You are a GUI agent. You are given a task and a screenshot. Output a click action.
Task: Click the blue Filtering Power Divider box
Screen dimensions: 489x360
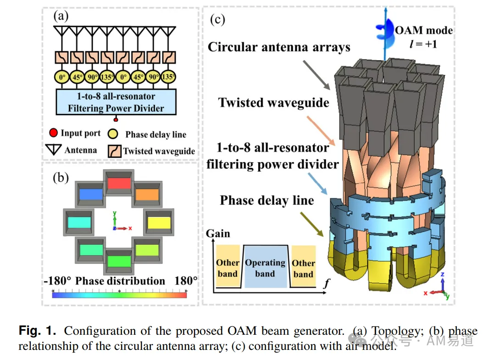pyautogui.click(x=116, y=102)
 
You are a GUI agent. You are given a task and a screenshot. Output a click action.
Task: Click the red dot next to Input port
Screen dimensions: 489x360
pyautogui.click(x=53, y=133)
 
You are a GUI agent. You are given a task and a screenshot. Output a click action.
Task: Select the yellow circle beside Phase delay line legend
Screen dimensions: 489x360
pyautogui.click(x=112, y=134)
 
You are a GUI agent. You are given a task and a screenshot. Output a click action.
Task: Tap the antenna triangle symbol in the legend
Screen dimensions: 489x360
pyautogui.click(x=53, y=150)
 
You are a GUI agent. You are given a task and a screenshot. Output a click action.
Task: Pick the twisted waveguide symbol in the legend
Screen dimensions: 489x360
pyautogui.click(x=115, y=151)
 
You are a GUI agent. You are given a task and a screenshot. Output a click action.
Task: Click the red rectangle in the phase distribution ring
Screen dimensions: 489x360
pyautogui.click(x=119, y=183)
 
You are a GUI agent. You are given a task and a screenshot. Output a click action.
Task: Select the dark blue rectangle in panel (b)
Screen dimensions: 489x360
pyautogui.click(x=91, y=194)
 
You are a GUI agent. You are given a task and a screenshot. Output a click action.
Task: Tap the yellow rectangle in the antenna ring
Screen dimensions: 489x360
pyautogui.click(x=159, y=223)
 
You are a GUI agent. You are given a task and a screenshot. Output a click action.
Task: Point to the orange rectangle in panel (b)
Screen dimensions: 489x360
pyautogui.click(x=147, y=195)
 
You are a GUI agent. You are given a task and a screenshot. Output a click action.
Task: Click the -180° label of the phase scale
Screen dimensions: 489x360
pyautogui.click(x=57, y=281)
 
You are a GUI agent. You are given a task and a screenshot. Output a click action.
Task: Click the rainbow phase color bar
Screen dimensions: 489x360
pyautogui.click(x=119, y=294)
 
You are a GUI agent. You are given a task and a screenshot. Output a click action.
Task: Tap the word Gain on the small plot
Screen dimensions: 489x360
pyautogui.click(x=218, y=234)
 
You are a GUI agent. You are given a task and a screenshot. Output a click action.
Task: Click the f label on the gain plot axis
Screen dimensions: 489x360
pyautogui.click(x=327, y=283)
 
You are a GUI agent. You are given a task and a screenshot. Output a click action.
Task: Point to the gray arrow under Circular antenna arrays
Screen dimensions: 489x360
pyautogui.click(x=316, y=75)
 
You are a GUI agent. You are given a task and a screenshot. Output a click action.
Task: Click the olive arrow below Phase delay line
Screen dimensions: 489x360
pyautogui.click(x=311, y=224)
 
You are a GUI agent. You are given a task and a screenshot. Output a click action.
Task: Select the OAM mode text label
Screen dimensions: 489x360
pyautogui.click(x=423, y=37)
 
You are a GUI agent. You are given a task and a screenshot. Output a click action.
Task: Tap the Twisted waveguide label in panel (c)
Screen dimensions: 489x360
pyautogui.click(x=273, y=103)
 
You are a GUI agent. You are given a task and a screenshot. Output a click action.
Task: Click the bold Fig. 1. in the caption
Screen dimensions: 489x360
pyautogui.click(x=38, y=330)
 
